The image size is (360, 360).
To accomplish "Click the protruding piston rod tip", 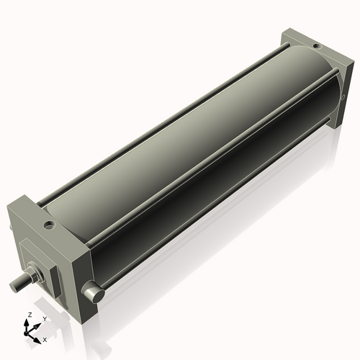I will [16, 286].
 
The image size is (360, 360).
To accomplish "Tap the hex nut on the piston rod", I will [33, 274].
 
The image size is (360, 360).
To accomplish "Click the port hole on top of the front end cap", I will [49, 225].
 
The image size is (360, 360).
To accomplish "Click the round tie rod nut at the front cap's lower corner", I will [93, 293].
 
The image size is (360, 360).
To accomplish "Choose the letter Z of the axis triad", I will [29, 315].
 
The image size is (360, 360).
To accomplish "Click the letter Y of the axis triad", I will [44, 318].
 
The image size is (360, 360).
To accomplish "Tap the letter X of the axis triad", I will [45, 338].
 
